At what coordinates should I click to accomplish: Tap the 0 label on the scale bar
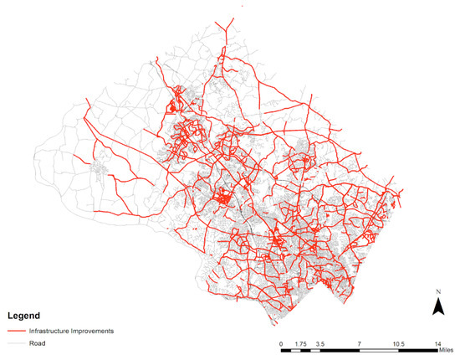click(x=282, y=344)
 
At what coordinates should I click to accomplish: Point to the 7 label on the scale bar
click(x=358, y=344)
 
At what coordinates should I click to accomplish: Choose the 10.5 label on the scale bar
click(x=398, y=344)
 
